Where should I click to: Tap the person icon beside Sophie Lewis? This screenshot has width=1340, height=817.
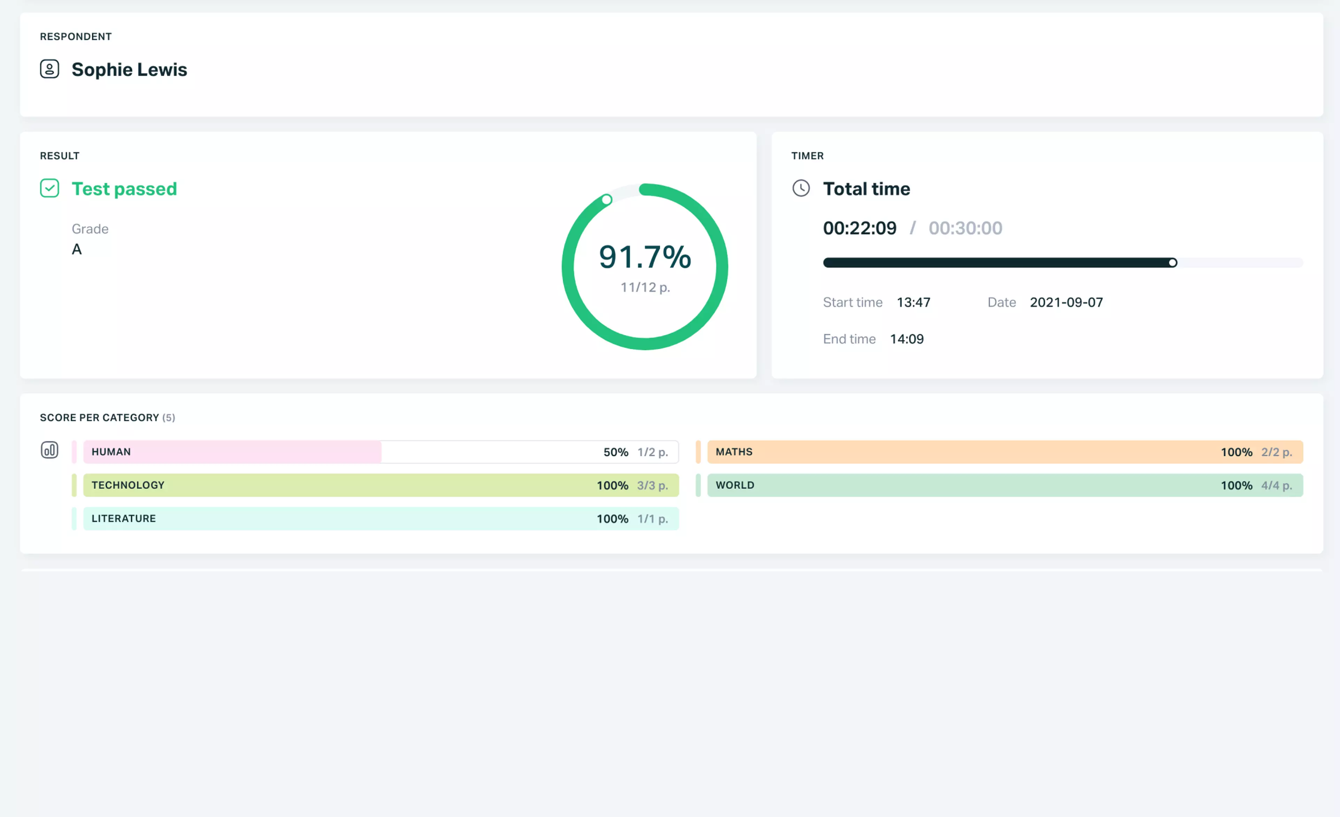pyautogui.click(x=50, y=69)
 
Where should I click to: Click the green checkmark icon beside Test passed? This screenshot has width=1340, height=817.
pyautogui.click(x=50, y=188)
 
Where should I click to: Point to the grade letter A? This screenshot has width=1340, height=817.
pyautogui.click(x=77, y=249)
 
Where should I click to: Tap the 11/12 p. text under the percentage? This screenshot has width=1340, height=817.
pyautogui.click(x=645, y=287)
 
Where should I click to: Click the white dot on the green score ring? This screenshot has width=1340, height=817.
pyautogui.click(x=607, y=200)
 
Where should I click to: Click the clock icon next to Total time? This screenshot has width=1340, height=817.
pyautogui.click(x=801, y=188)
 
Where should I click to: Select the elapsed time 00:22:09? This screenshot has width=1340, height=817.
pyautogui.click(x=859, y=228)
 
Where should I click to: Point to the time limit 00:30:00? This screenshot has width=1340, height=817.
pyautogui.click(x=965, y=228)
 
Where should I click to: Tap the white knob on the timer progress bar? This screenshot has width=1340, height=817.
pyautogui.click(x=1172, y=263)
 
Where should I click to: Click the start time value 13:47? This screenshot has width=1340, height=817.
pyautogui.click(x=913, y=302)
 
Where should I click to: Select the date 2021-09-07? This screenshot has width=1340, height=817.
pyautogui.click(x=1066, y=302)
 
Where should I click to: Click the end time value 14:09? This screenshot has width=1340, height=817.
pyautogui.click(x=907, y=339)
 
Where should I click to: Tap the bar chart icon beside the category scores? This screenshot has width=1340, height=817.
pyautogui.click(x=50, y=450)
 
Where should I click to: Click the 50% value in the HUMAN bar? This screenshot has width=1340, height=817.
pyautogui.click(x=616, y=452)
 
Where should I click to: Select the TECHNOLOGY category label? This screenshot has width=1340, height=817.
pyautogui.click(x=128, y=485)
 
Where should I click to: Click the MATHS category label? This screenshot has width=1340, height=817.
pyautogui.click(x=734, y=452)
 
